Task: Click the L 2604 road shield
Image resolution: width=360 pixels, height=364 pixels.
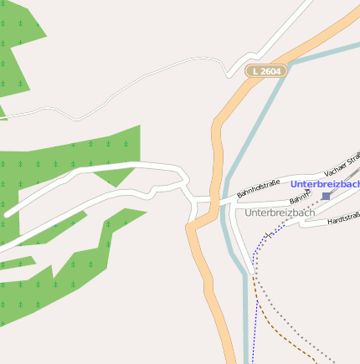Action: pyautogui.click(x=265, y=72)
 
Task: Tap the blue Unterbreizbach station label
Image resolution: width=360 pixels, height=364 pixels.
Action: pyautogui.click(x=326, y=183)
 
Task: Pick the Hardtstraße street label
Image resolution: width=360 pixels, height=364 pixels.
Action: pyautogui.click(x=344, y=218)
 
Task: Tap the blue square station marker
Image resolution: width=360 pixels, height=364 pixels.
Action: pyautogui.click(x=326, y=196)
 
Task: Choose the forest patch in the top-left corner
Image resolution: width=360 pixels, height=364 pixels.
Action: pyautogui.click(x=17, y=50)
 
